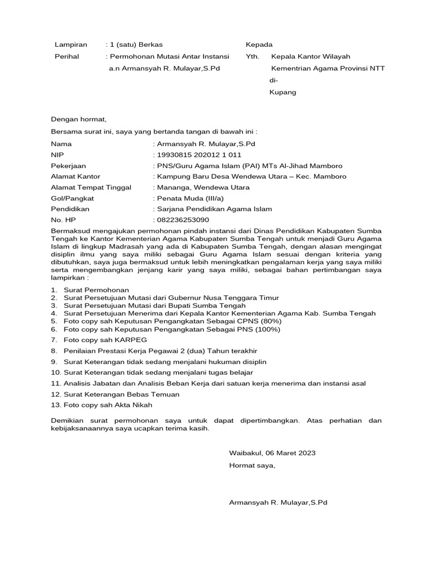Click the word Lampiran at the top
[70, 44]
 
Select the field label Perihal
[67, 56]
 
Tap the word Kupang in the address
[282, 92]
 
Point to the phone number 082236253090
[183, 219]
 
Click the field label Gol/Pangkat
[73, 198]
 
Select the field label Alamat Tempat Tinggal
[91, 187]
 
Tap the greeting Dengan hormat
[78, 119]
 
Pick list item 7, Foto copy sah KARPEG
[105, 340]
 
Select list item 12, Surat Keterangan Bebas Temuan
[121, 394]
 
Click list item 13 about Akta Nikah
[108, 405]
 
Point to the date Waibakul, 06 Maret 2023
[272, 452]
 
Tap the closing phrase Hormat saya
[252, 465]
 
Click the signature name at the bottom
[278, 502]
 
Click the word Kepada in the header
[259, 44]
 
